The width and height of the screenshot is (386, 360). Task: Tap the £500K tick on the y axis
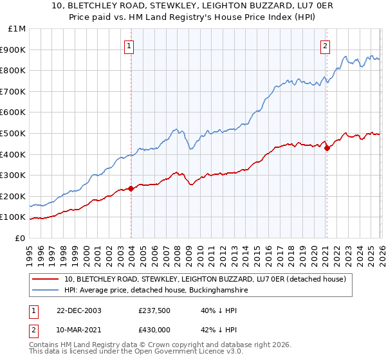click(12, 133)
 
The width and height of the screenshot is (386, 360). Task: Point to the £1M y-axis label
click(16, 29)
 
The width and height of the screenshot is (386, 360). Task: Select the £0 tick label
click(19, 238)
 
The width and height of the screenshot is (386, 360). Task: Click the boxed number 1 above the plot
click(130, 46)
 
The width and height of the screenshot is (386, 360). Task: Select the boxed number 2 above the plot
click(326, 46)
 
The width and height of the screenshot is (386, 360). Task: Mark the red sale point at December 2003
click(131, 188)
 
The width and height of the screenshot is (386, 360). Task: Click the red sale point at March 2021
click(327, 148)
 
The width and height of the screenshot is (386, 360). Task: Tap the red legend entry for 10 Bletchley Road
click(205, 279)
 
